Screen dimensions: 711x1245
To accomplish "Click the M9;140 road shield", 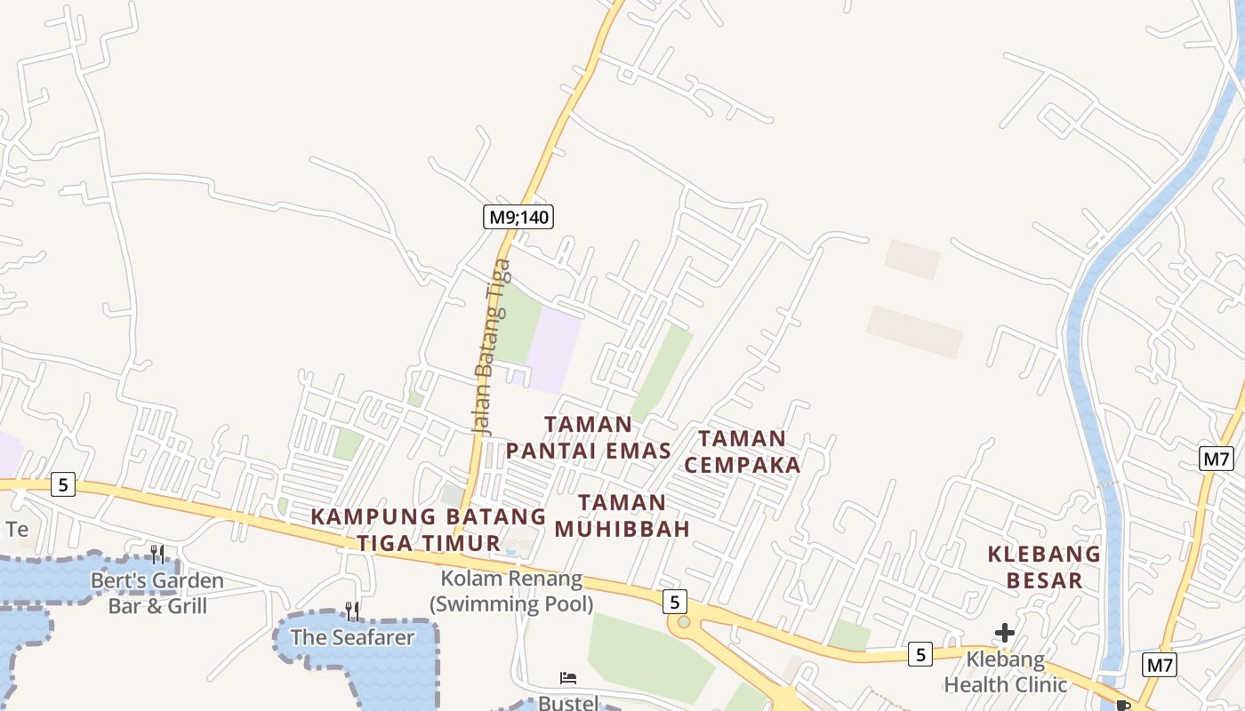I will [x=518, y=216].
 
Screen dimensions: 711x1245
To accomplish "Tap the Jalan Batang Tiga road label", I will [x=492, y=346].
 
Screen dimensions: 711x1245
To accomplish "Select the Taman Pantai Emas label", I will [x=589, y=437].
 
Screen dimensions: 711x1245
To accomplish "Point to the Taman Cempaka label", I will [x=743, y=451].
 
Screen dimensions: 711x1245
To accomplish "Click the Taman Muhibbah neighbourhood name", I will [x=622, y=515].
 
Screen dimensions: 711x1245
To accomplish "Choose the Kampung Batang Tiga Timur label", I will [x=429, y=530].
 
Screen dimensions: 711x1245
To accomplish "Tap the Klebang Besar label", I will [x=1044, y=567].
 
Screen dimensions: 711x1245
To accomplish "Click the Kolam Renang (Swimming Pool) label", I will [x=511, y=592].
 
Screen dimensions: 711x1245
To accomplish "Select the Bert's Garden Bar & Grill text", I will [x=157, y=593].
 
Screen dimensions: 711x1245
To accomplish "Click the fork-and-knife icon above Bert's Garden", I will [x=157, y=555].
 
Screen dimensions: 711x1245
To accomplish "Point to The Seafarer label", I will [x=352, y=637].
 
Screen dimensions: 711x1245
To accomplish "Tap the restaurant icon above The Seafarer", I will [x=352, y=611].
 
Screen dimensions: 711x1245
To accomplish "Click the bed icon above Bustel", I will [x=568, y=678].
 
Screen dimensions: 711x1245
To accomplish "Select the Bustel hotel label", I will [x=568, y=703].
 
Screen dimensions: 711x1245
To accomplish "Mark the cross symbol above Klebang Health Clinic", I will [x=1005, y=633].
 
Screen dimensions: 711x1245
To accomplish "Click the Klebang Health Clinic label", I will [x=1005, y=672].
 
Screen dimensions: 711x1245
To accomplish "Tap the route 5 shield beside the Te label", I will [x=62, y=484].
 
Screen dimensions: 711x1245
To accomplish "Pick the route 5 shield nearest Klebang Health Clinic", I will [x=920, y=655].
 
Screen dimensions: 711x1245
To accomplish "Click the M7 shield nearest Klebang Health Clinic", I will [x=1160, y=664].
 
